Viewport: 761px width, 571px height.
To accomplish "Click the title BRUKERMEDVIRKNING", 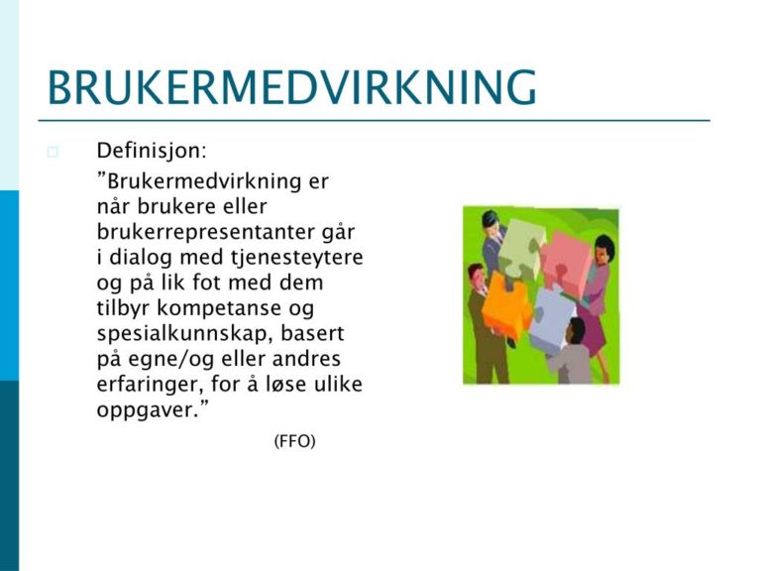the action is pos(292,87).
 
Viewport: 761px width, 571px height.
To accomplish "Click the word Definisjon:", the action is pos(152,151).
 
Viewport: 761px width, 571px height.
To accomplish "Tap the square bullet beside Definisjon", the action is pos(53,152).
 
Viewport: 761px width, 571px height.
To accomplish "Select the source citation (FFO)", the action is pos(294,441).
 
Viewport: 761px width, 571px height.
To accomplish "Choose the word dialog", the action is pos(141,258).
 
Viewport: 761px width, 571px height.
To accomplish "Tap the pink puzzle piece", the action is pos(565,262).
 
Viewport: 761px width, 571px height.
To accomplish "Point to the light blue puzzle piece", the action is pos(552,314).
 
